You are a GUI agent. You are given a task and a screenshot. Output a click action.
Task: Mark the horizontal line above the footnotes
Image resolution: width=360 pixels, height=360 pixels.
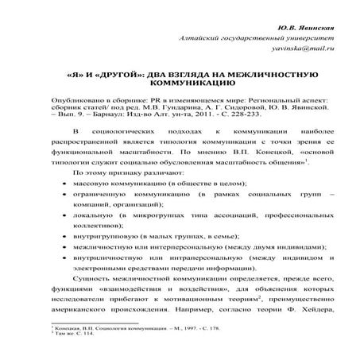pos(95,323)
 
